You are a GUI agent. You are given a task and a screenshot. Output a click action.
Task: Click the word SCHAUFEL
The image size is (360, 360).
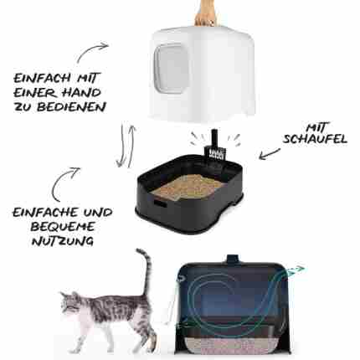coord(315,139)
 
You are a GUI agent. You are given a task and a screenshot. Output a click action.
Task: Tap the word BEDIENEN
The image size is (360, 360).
coord(71,107)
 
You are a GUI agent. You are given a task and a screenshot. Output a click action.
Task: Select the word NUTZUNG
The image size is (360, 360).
coord(63,240)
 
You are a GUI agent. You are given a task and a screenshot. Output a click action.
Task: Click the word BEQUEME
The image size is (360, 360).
coord(63,226)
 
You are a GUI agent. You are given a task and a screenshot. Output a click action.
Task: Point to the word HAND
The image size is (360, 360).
coord(81,92)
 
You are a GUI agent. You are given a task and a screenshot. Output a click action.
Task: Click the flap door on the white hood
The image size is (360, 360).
coord(171,69)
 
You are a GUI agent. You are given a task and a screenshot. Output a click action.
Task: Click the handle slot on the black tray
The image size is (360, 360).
coord(160,203)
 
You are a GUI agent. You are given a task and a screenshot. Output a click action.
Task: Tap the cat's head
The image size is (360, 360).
coord(69,303)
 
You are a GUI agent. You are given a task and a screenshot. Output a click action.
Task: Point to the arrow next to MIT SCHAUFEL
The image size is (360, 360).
coord(270,154)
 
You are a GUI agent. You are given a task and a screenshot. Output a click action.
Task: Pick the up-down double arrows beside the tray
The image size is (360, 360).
coord(126,146)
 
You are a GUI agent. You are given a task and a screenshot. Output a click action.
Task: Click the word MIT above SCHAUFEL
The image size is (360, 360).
coord(317,127)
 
